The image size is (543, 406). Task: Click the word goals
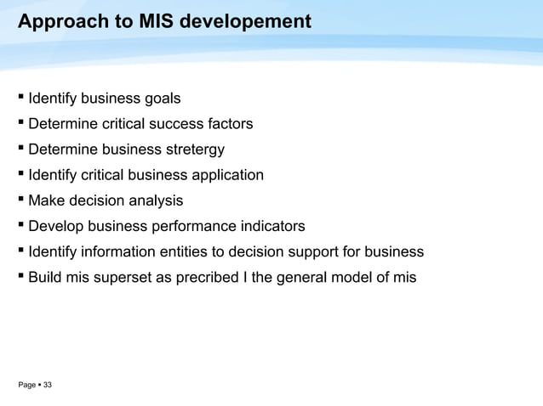[160, 99]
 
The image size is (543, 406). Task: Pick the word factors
[228, 125]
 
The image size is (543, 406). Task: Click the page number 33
[47, 386]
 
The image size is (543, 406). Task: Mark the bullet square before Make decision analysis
[20, 200]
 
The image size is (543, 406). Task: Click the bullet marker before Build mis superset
[20, 277]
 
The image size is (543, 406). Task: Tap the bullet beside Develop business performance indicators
[20, 226]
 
